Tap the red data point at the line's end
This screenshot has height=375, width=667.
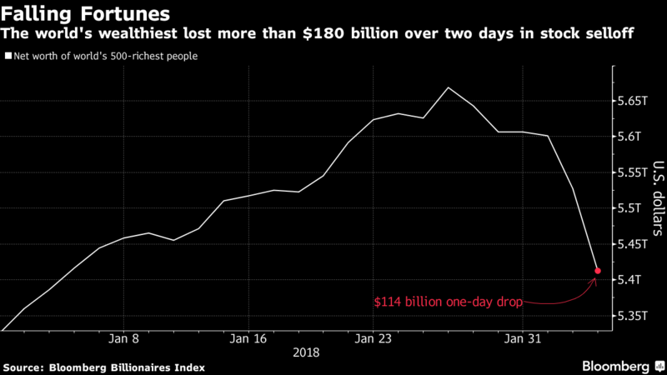point(597,271)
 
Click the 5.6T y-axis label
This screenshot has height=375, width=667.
point(629,137)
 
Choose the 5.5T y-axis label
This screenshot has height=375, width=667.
point(629,208)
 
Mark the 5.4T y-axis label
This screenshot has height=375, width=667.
point(629,280)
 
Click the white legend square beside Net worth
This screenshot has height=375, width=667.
point(8,57)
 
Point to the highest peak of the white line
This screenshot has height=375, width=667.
point(449,87)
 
